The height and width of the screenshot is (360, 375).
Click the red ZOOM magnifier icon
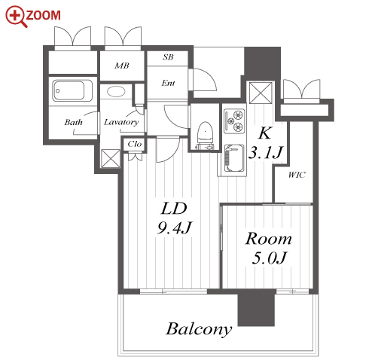pyautogui.click(x=17, y=16)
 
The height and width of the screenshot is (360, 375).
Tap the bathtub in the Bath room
pyautogui.click(x=72, y=90)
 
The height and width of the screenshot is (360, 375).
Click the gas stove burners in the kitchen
pyautogui.click(x=234, y=121)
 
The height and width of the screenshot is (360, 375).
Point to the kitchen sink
pyautogui.click(x=234, y=158)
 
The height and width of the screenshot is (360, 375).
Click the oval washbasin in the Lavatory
pyautogui.click(x=116, y=91)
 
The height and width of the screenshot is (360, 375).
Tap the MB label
pyautogui.click(x=122, y=66)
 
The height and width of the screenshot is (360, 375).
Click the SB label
pyautogui.click(x=168, y=57)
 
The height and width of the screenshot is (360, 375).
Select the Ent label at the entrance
pyautogui.click(x=168, y=83)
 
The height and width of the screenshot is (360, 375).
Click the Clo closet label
pyautogui.click(x=135, y=144)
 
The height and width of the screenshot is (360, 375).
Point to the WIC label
pyautogui.click(x=297, y=175)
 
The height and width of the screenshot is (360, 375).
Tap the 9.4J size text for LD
pyautogui.click(x=175, y=227)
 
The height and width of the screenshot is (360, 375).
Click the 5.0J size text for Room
pyautogui.click(x=269, y=258)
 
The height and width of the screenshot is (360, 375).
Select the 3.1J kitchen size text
pyautogui.click(x=266, y=152)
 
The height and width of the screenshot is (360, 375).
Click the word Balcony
pyautogui.click(x=199, y=329)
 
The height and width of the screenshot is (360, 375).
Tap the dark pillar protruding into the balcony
pyautogui.click(x=256, y=308)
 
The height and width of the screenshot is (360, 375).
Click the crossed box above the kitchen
pyautogui.click(x=261, y=93)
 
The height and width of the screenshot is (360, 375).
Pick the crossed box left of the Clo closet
pyautogui.click(x=111, y=158)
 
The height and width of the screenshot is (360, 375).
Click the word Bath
pyautogui.click(x=73, y=122)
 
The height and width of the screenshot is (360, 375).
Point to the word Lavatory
pyautogui.click(x=121, y=122)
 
